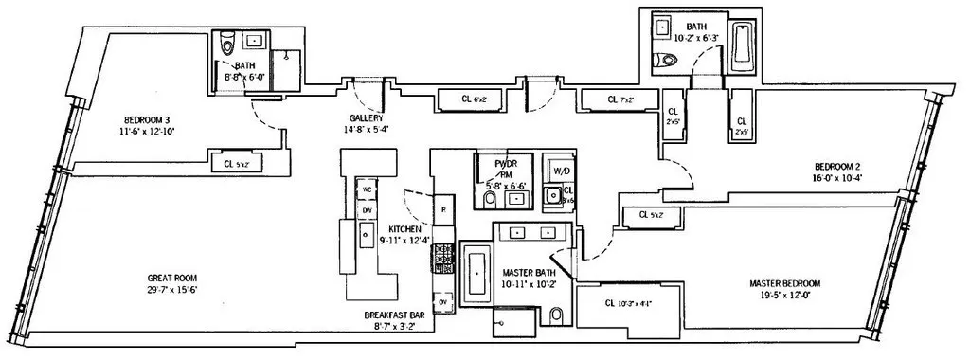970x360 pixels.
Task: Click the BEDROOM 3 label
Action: [x=145, y=120]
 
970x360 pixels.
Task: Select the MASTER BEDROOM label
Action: [x=784, y=283]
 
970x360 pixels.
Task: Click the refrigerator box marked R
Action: [x=442, y=208]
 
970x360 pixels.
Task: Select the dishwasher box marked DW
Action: [x=366, y=210]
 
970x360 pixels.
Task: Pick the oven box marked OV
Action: [x=441, y=301]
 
